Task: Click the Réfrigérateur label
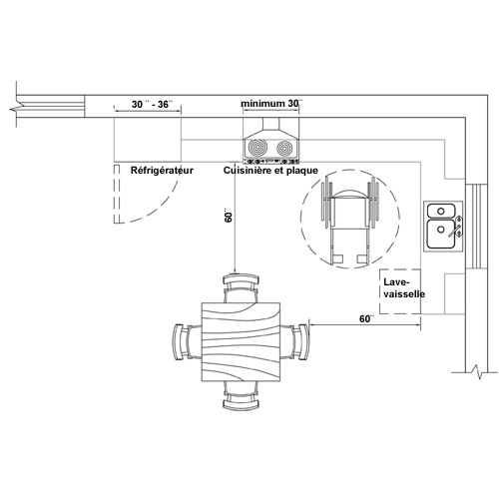tap(162, 171)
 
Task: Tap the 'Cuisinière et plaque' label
tap(270, 171)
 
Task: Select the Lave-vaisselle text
tap(404, 288)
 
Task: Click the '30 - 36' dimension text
tap(153, 104)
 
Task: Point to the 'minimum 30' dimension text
tap(271, 104)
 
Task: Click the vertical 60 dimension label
tap(229, 216)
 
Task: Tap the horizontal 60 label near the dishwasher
tap(366, 318)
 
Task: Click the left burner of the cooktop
tap(257, 148)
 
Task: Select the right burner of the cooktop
tap(285, 148)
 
